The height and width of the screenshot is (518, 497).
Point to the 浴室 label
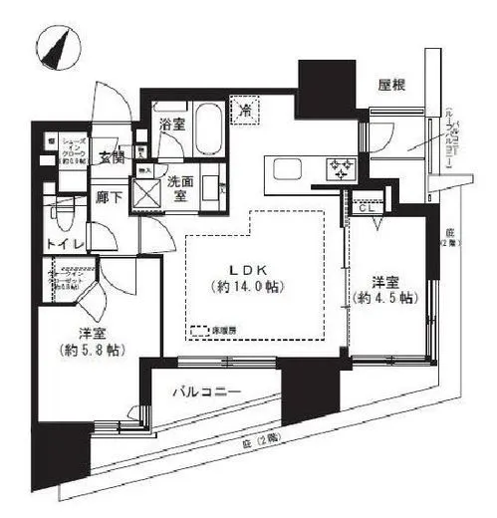click(x=172, y=125)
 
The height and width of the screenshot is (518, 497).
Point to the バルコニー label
click(x=206, y=392)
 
